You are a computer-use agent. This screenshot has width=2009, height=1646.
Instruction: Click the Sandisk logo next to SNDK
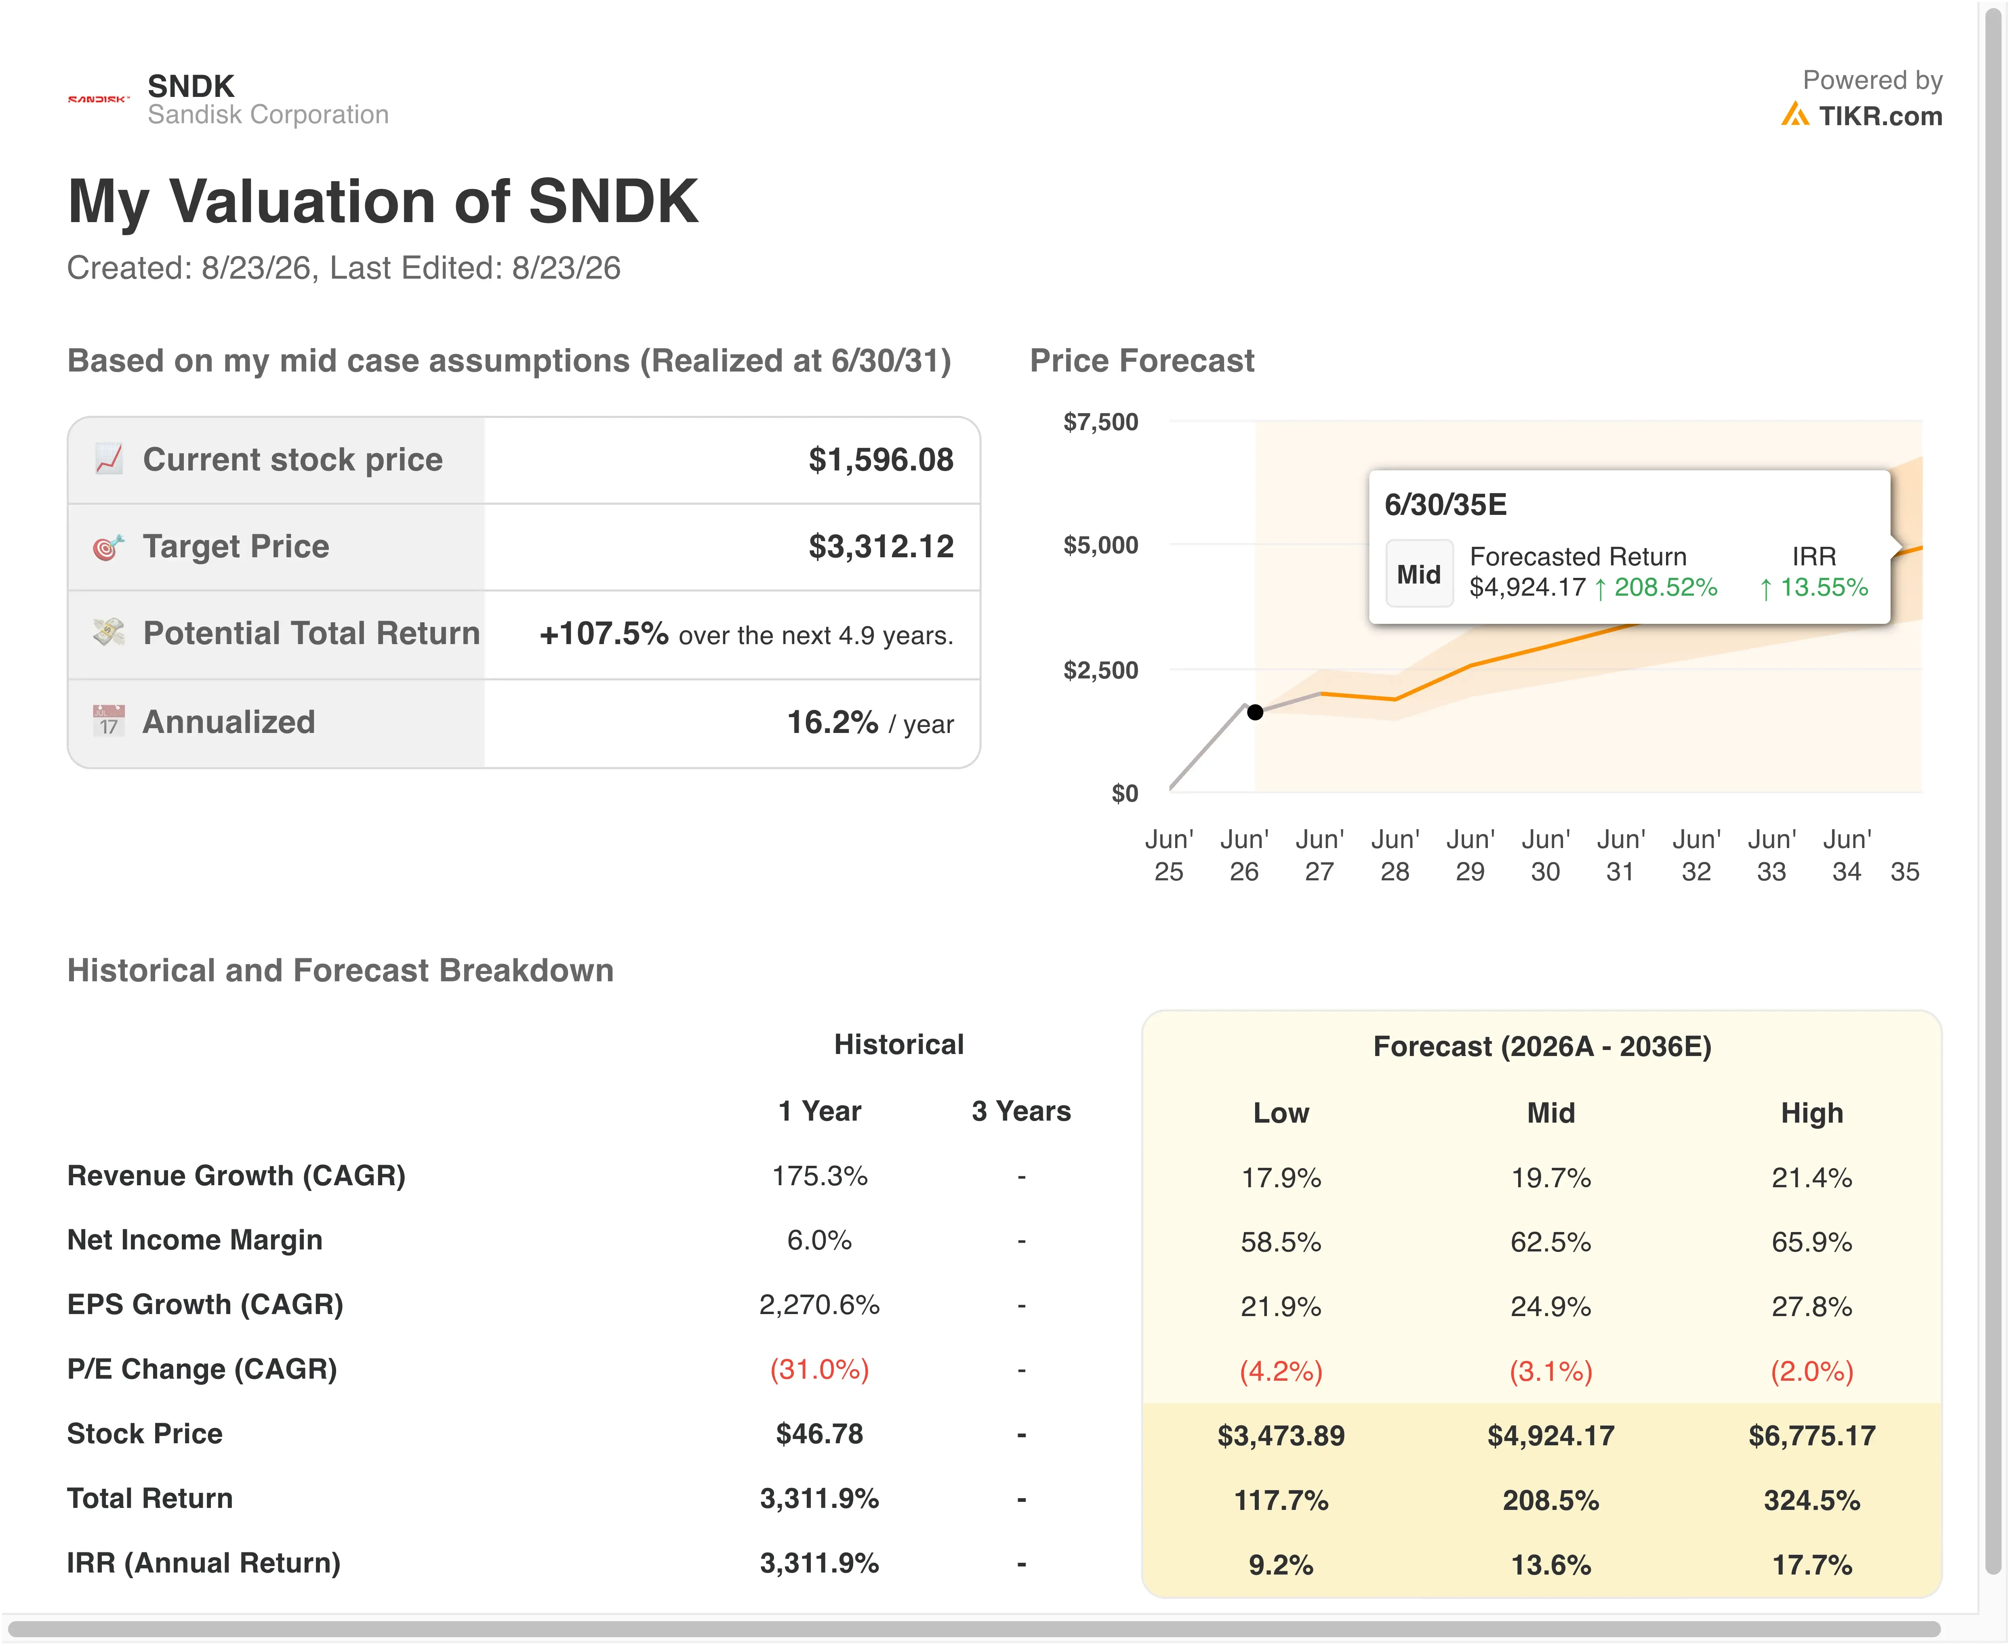[99, 99]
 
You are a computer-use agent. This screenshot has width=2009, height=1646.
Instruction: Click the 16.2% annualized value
[833, 722]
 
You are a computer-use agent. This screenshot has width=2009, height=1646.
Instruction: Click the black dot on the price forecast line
[1255, 712]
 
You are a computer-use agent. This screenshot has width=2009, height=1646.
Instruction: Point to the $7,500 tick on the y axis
[1100, 422]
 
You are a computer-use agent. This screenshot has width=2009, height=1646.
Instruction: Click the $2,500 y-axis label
[1100, 670]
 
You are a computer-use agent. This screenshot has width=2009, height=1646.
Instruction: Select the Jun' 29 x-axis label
[1470, 855]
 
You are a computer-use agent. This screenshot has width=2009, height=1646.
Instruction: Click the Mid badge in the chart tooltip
[1419, 573]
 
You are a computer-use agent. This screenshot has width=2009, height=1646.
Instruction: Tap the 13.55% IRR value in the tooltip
[1815, 588]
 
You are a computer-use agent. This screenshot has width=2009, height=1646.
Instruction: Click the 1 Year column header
[820, 1111]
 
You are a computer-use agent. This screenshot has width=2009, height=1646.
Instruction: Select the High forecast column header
[1812, 1113]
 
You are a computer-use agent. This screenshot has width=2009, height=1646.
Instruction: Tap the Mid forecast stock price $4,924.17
[1551, 1436]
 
